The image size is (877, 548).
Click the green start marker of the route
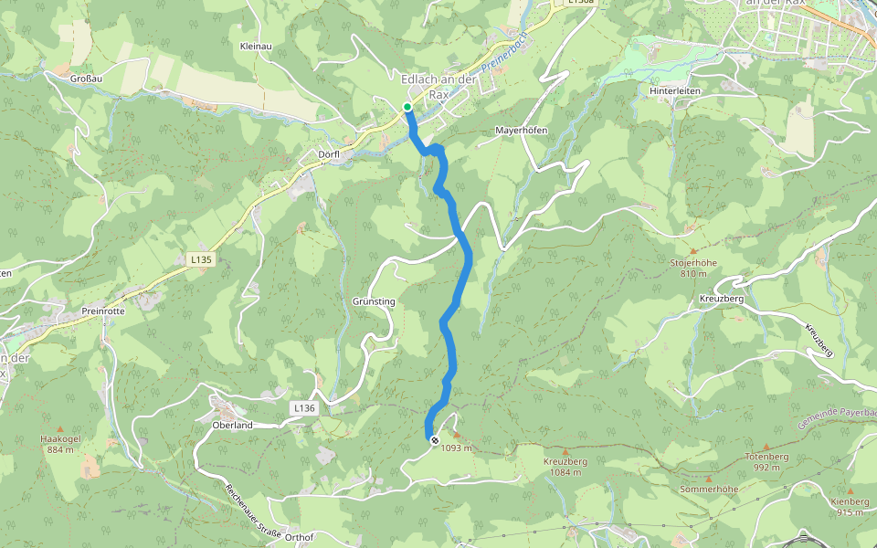tap(407, 107)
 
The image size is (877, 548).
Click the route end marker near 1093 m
tap(434, 440)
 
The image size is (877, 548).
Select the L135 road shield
tap(202, 259)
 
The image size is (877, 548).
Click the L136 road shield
tap(304, 407)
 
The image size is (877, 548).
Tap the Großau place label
tap(85, 79)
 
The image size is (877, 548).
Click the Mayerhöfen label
tap(521, 131)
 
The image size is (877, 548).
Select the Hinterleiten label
tap(675, 91)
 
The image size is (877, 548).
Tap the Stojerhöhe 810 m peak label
tap(692, 268)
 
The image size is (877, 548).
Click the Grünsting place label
tap(373, 300)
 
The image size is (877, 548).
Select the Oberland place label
tap(232, 425)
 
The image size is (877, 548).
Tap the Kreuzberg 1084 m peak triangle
tap(565, 451)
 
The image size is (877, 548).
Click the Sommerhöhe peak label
tap(708, 490)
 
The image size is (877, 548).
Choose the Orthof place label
tap(299, 537)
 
